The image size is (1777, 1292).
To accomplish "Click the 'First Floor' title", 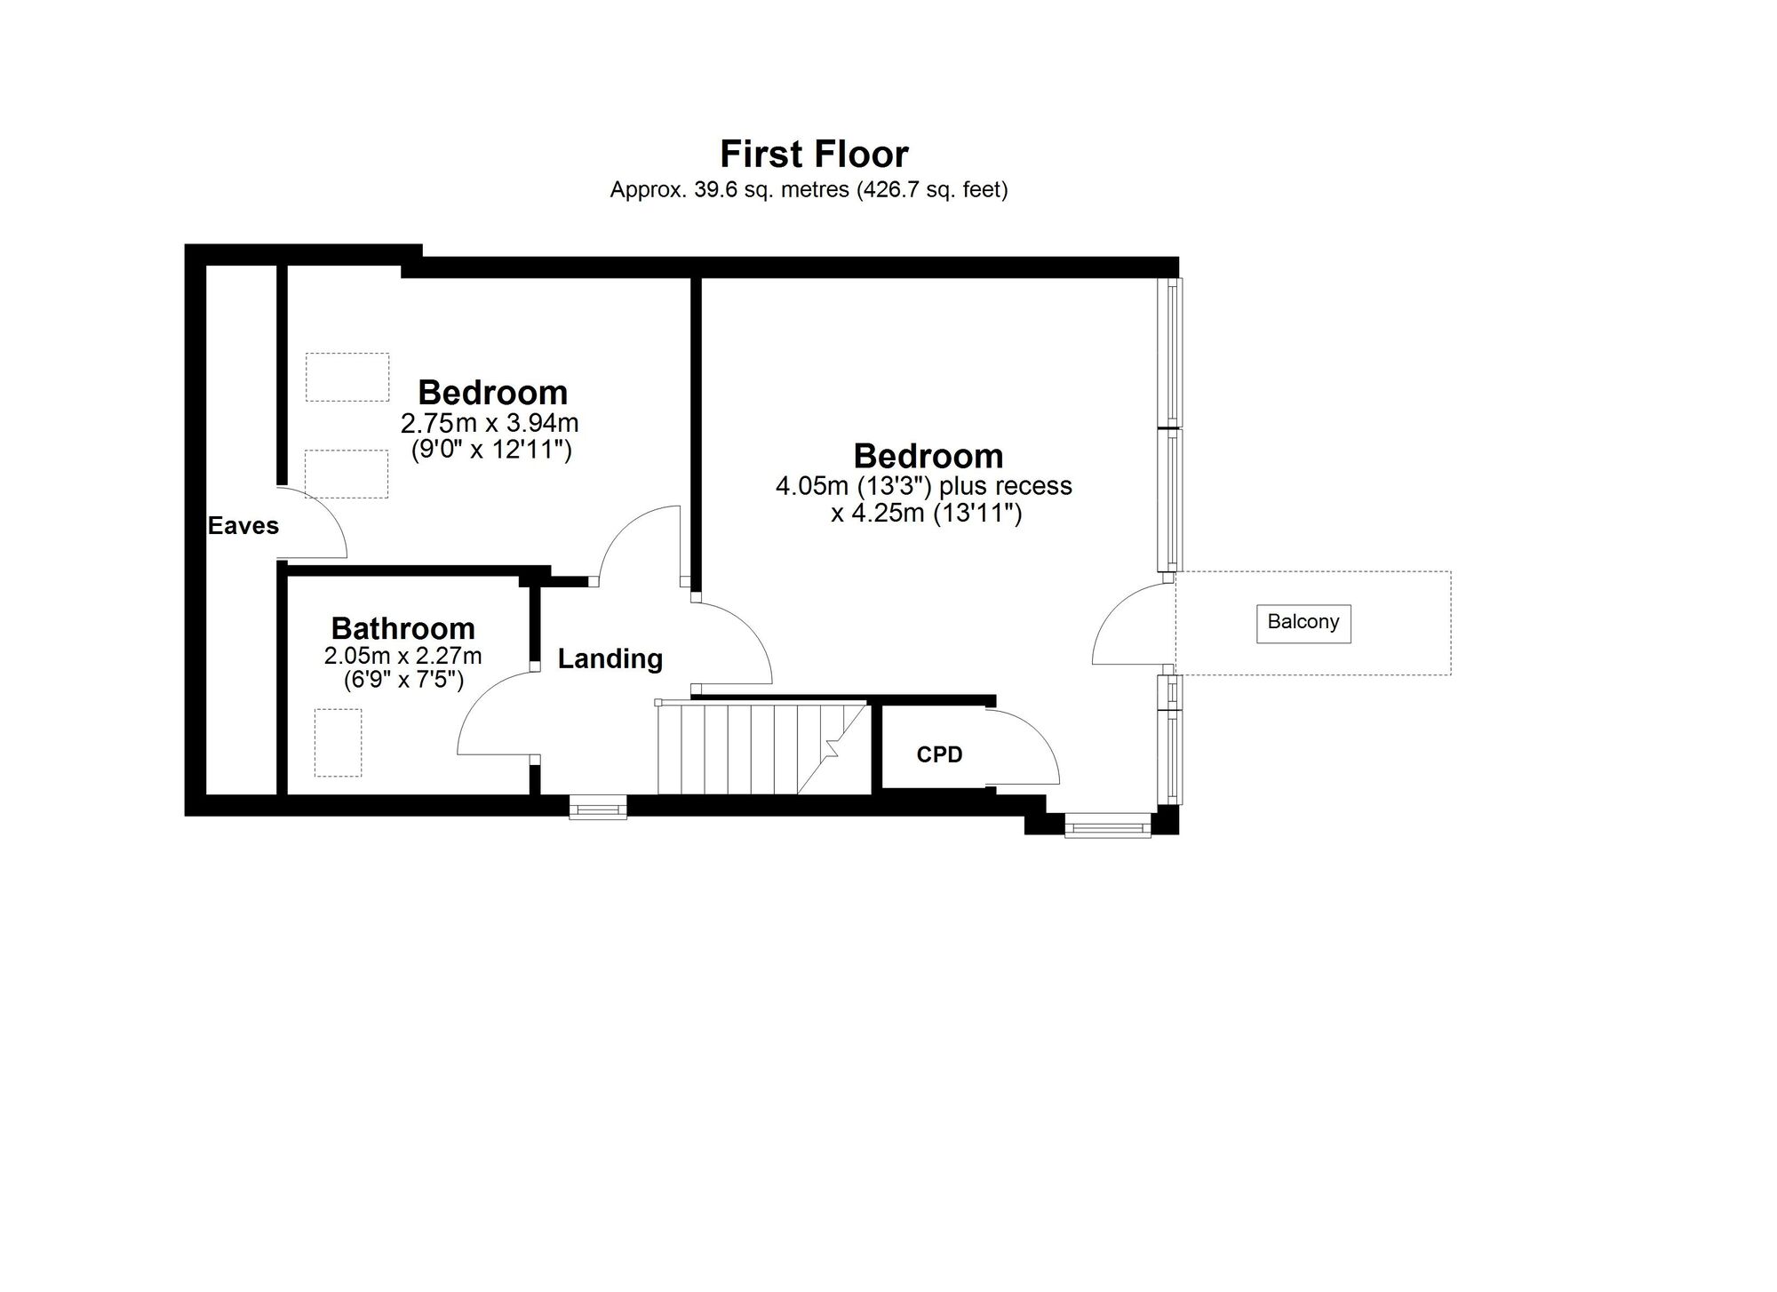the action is click(814, 154).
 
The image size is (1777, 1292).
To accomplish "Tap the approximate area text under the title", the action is click(809, 189).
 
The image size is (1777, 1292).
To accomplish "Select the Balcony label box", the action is click(1303, 623).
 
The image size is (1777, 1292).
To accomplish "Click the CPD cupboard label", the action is click(939, 754).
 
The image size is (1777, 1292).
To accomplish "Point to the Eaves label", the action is click(243, 526).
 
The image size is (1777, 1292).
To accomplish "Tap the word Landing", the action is click(610, 658).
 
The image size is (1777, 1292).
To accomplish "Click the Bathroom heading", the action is click(402, 628).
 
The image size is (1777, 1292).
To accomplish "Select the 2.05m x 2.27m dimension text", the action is click(402, 656).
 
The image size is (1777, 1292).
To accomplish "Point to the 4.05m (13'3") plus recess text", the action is click(924, 486).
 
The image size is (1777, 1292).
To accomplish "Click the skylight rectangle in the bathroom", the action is click(338, 742).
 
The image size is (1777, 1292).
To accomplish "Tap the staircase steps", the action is click(761, 748).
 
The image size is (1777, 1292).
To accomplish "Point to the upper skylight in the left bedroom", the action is click(347, 377).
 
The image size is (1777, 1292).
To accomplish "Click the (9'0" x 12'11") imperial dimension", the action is click(491, 451).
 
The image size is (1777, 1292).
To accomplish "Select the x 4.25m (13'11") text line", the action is click(927, 514).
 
